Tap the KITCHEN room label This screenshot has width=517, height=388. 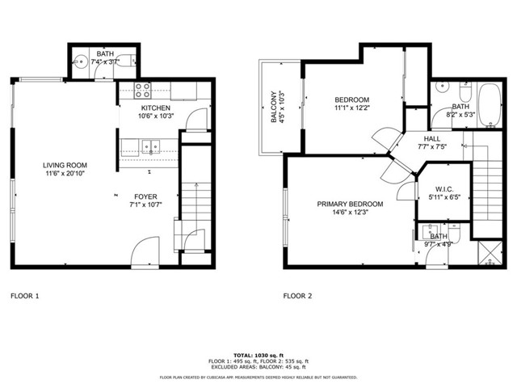tap(155, 108)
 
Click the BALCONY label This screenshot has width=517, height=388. tap(272, 108)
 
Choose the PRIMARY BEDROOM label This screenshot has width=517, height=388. tap(350, 204)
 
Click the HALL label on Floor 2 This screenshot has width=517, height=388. tap(433, 138)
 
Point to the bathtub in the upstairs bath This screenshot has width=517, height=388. tap(488, 106)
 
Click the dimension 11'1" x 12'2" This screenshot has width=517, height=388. tap(351, 108)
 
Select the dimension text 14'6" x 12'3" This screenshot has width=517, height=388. tap(350, 213)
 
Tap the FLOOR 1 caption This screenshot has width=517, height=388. tap(24, 296)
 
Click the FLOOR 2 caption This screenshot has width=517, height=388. tap(297, 296)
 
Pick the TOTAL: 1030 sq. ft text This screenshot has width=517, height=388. tap(258, 355)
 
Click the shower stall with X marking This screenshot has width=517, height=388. tap(487, 255)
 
